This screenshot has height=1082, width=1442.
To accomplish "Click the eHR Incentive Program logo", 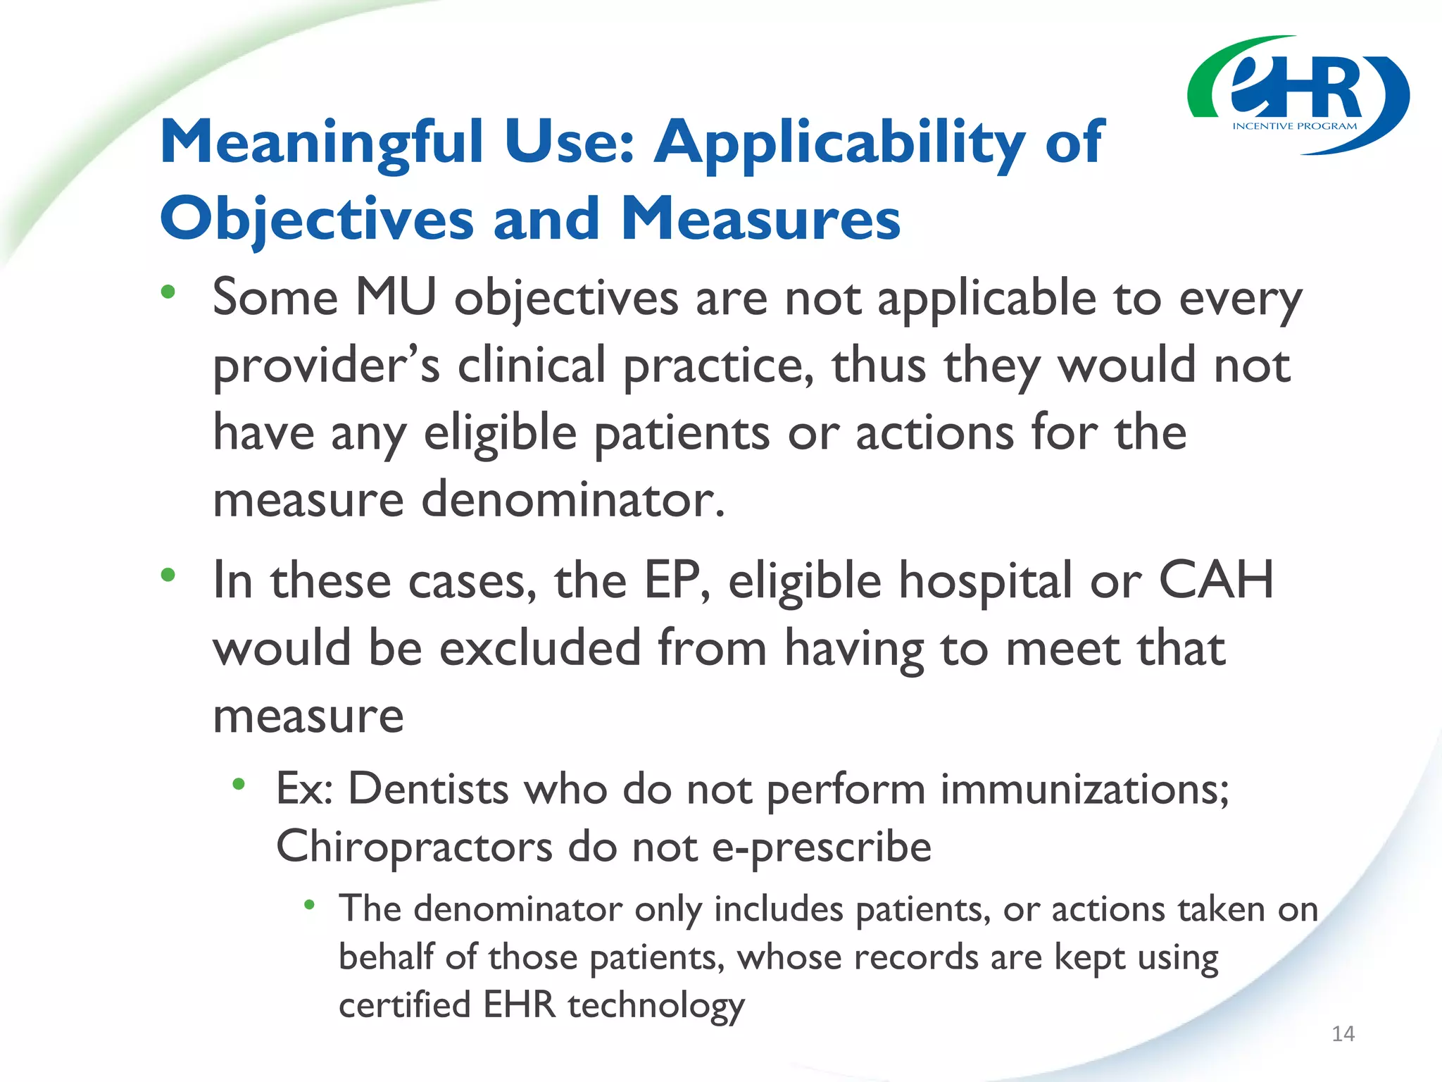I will point(1298,95).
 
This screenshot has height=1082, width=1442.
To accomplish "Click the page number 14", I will point(1343,1033).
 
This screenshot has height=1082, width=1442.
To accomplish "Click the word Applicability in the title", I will point(839,142).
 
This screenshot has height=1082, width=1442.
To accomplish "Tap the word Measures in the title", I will point(760,218).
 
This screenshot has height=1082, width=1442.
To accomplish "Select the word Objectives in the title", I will point(317,218).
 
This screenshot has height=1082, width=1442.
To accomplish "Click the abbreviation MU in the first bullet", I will point(396,297).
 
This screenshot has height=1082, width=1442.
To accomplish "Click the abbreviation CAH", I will point(1216,580).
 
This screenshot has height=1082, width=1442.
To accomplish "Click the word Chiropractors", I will point(414,846).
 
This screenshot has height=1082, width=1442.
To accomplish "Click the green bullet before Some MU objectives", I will point(168,292).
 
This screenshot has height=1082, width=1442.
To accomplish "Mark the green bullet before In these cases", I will point(168,576).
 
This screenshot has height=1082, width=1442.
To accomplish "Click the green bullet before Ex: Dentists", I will point(239,783).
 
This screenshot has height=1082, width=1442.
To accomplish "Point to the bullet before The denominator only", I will point(309,904).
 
